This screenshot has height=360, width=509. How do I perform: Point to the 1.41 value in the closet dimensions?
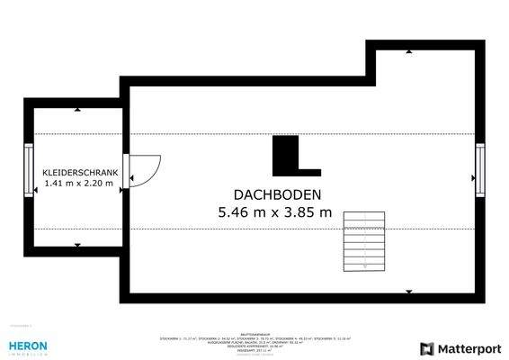coord(56,184)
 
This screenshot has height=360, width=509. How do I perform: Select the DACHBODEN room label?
coord(277,194)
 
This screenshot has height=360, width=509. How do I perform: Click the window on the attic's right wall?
coord(479,170)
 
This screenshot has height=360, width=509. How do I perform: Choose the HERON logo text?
coord(27,345)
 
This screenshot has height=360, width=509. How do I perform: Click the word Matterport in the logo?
coord(469,348)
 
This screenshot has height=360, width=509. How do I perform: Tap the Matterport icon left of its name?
coord(427,348)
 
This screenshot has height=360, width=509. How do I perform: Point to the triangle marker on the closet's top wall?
coord(77,110)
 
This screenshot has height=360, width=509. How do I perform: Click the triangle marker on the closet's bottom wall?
coord(77,243)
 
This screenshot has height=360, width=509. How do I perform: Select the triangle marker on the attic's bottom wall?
coord(409,292)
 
